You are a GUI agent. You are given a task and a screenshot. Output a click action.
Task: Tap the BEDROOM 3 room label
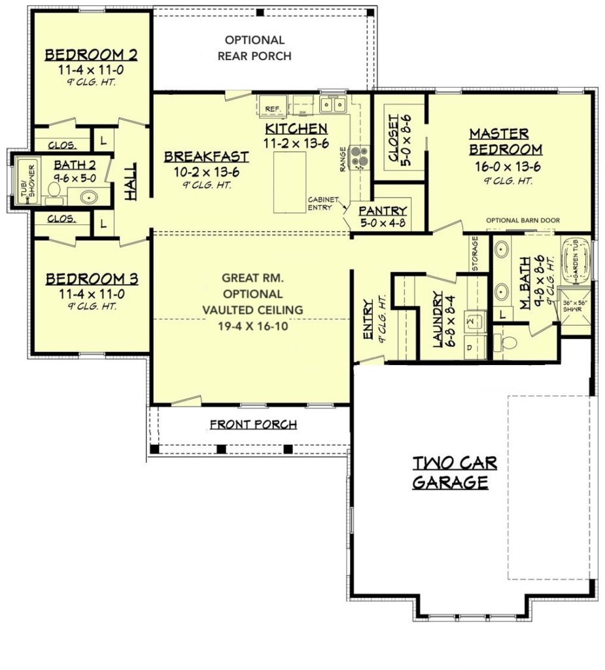click(x=92, y=279)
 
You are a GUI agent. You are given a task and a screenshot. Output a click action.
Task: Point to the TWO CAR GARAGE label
click(x=454, y=473)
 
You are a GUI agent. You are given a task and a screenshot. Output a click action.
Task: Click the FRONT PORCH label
click(x=253, y=425)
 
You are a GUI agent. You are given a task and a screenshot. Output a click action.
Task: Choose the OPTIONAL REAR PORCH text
click(x=254, y=48)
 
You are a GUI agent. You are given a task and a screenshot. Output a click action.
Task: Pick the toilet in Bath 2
click(x=54, y=189)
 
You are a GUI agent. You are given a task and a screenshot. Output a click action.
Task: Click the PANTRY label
click(x=383, y=211)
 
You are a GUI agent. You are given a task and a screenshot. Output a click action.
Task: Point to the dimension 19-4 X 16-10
click(x=252, y=324)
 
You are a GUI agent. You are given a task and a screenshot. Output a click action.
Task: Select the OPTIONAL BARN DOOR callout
click(x=522, y=220)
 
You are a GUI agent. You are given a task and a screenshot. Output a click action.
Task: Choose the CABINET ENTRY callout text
click(x=324, y=203)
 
